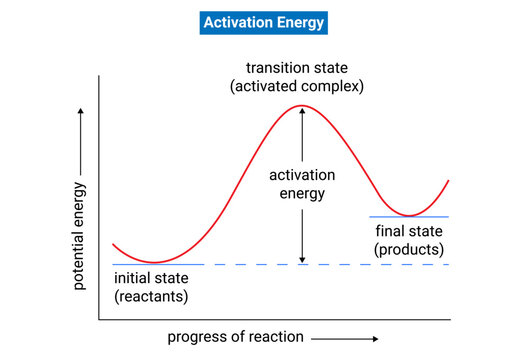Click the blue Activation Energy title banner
[264, 21]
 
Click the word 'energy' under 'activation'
[302, 193]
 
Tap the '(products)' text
[410, 248]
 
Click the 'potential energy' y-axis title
[79, 236]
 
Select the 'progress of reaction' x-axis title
[236, 336]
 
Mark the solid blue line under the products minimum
[410, 217]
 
